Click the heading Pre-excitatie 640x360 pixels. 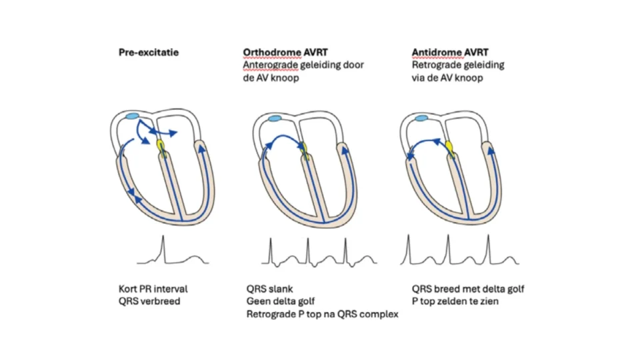pos(149,52)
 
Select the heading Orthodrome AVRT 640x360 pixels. pos(285,52)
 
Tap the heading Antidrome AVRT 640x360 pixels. pos(450,52)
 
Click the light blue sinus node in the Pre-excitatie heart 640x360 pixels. pos(132,116)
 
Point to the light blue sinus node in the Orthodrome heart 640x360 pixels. pos(275,119)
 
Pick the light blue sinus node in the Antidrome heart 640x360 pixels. pos(421,119)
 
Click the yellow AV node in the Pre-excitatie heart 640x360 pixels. pos(161,146)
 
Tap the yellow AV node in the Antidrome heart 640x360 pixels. pos(450,147)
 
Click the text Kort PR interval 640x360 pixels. pos(153,289)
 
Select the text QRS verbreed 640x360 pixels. pos(149,301)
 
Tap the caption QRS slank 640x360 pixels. pos(270,289)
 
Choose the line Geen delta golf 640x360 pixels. pos(281,301)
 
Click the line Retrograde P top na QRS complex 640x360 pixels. pos(323,314)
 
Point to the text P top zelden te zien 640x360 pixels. pos(455,301)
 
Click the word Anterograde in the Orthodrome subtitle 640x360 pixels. pos(271,65)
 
